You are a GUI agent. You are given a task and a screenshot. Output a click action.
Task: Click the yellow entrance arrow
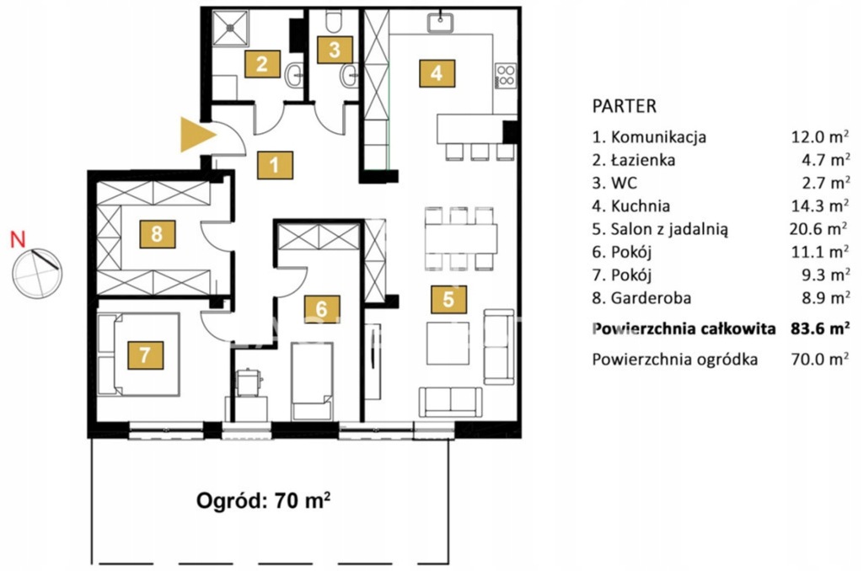(x=196, y=134)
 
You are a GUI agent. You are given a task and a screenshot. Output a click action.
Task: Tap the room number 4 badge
(x=437, y=73)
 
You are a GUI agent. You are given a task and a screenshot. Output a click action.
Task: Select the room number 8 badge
(x=157, y=234)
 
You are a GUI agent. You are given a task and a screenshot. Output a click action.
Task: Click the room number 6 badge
(x=322, y=308)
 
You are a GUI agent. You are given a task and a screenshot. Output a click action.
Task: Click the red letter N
(x=19, y=239)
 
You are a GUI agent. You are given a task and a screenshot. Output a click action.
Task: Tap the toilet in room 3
(x=334, y=20)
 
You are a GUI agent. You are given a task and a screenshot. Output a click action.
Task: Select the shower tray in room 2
(x=231, y=28)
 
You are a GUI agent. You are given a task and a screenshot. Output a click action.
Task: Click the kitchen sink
(x=440, y=23)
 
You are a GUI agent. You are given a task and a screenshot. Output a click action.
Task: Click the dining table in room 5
(x=461, y=238)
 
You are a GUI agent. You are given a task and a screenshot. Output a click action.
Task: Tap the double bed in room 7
(x=139, y=355)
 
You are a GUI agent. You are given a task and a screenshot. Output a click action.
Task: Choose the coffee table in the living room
(x=448, y=344)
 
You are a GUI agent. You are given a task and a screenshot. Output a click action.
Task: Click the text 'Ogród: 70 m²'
(x=264, y=500)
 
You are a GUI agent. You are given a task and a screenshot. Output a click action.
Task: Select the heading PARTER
(x=624, y=106)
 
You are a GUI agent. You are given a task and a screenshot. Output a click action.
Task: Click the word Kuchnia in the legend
(x=641, y=206)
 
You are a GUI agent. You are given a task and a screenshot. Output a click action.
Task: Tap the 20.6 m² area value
(x=818, y=228)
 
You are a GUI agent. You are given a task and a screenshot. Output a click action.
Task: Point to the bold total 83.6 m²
(x=820, y=328)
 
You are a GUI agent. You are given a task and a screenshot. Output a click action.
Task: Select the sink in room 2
(x=294, y=75)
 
